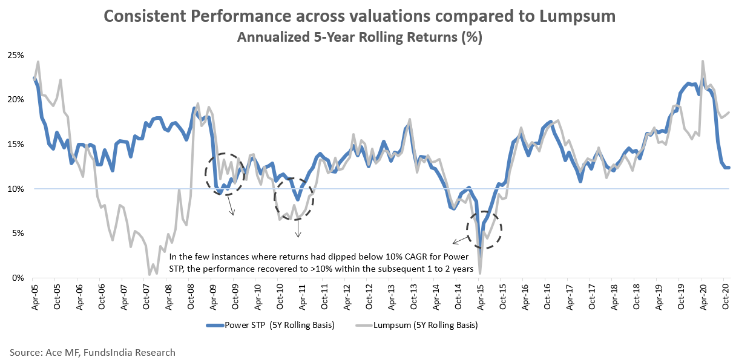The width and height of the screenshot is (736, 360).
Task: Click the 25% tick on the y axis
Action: point(16,55)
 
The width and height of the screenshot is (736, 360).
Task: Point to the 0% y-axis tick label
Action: point(18,278)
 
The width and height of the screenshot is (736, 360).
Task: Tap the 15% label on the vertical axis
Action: point(16,144)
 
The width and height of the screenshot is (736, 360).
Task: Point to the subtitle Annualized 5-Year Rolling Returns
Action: point(360,37)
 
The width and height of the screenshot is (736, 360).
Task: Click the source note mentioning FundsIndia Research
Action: point(92,352)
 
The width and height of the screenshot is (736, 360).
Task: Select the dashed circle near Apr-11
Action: point(295,198)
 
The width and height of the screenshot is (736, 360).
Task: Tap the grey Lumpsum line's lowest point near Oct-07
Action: point(149,275)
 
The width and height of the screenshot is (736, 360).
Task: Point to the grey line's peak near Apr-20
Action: point(702,61)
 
